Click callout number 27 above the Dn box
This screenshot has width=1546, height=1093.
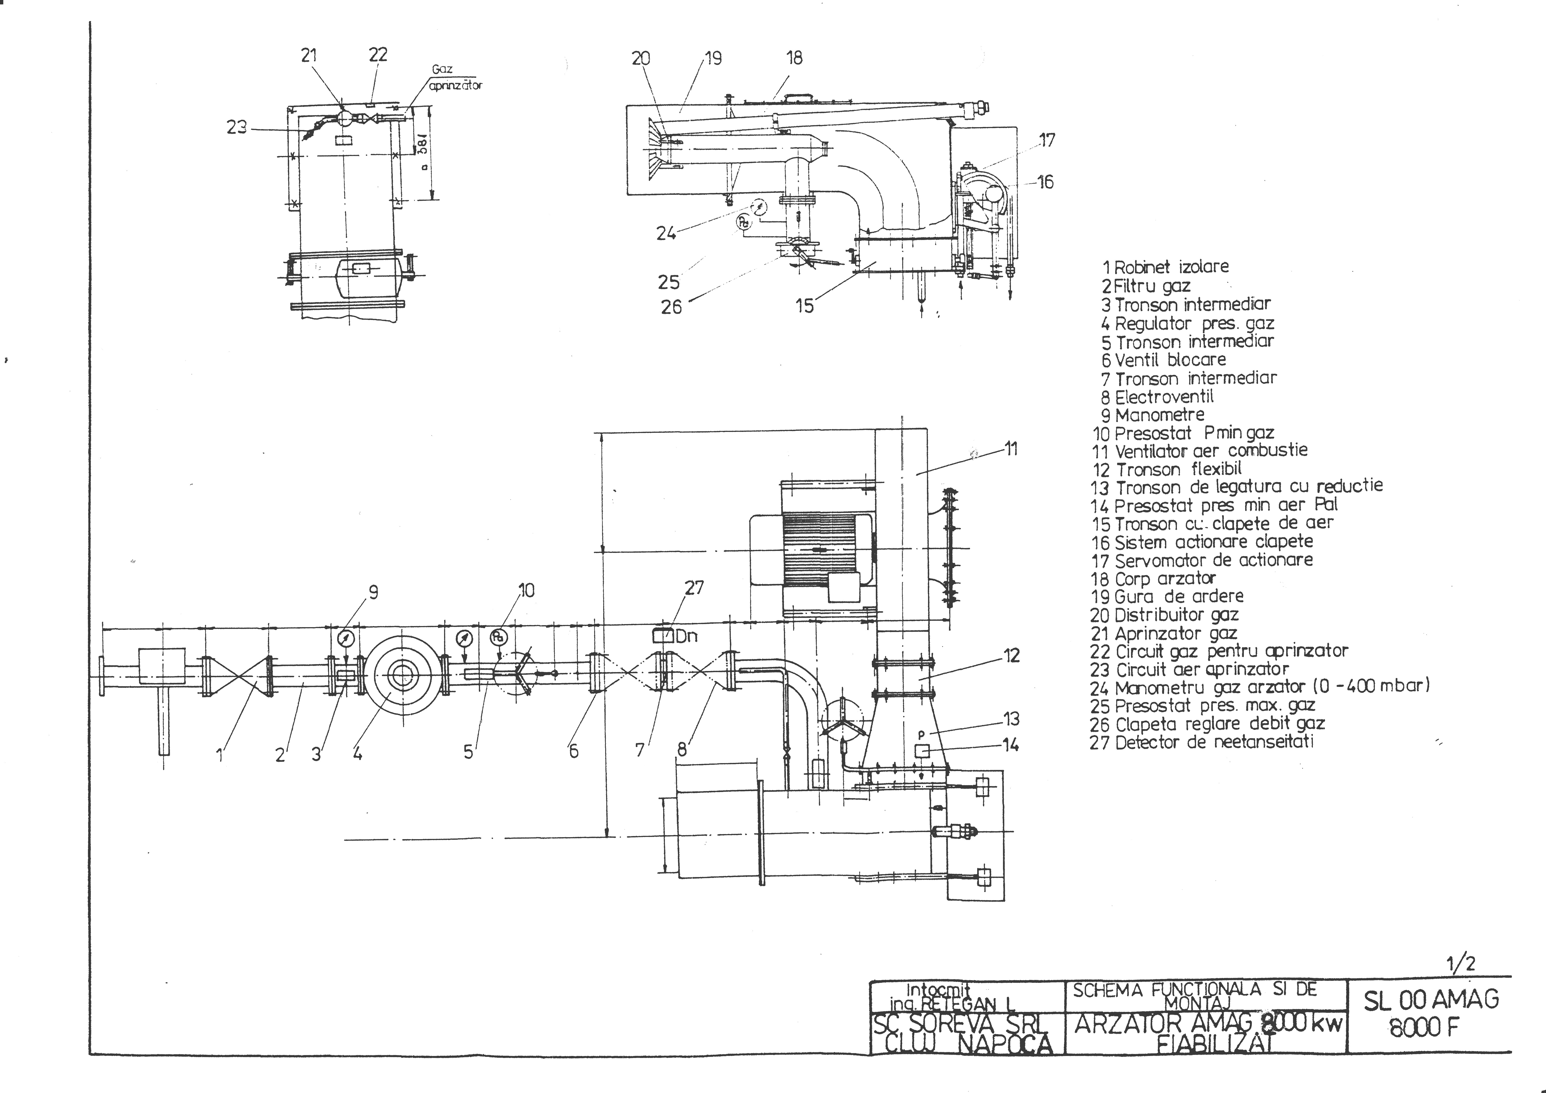(x=694, y=588)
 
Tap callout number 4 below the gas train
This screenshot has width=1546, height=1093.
(x=357, y=754)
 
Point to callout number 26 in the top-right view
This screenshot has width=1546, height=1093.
(x=671, y=307)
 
